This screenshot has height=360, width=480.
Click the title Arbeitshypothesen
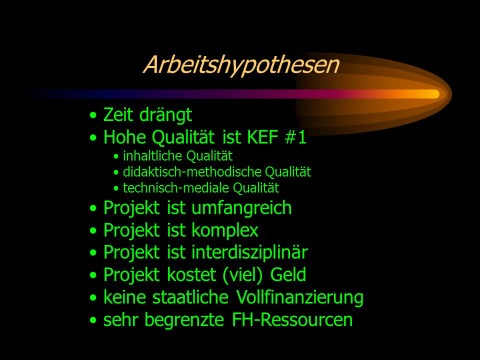pos(241,64)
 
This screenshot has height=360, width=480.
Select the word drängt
pos(165,115)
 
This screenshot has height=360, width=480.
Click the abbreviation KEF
pos(262,137)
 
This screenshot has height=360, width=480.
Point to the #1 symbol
pos(295,137)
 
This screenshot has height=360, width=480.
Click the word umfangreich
pos(241,208)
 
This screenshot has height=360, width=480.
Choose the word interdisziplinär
pos(249,252)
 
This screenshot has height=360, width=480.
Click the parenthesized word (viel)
pos(242,274)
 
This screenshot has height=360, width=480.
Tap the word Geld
pos(288,274)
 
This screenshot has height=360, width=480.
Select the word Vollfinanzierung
pos(300,297)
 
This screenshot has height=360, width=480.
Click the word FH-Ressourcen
pos(292,319)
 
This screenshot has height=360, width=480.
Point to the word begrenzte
pos(184,320)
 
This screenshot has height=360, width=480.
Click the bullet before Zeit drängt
pos(93,115)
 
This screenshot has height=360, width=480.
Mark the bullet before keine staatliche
pos(93,297)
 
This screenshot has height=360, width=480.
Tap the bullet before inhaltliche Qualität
pos(115,156)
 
